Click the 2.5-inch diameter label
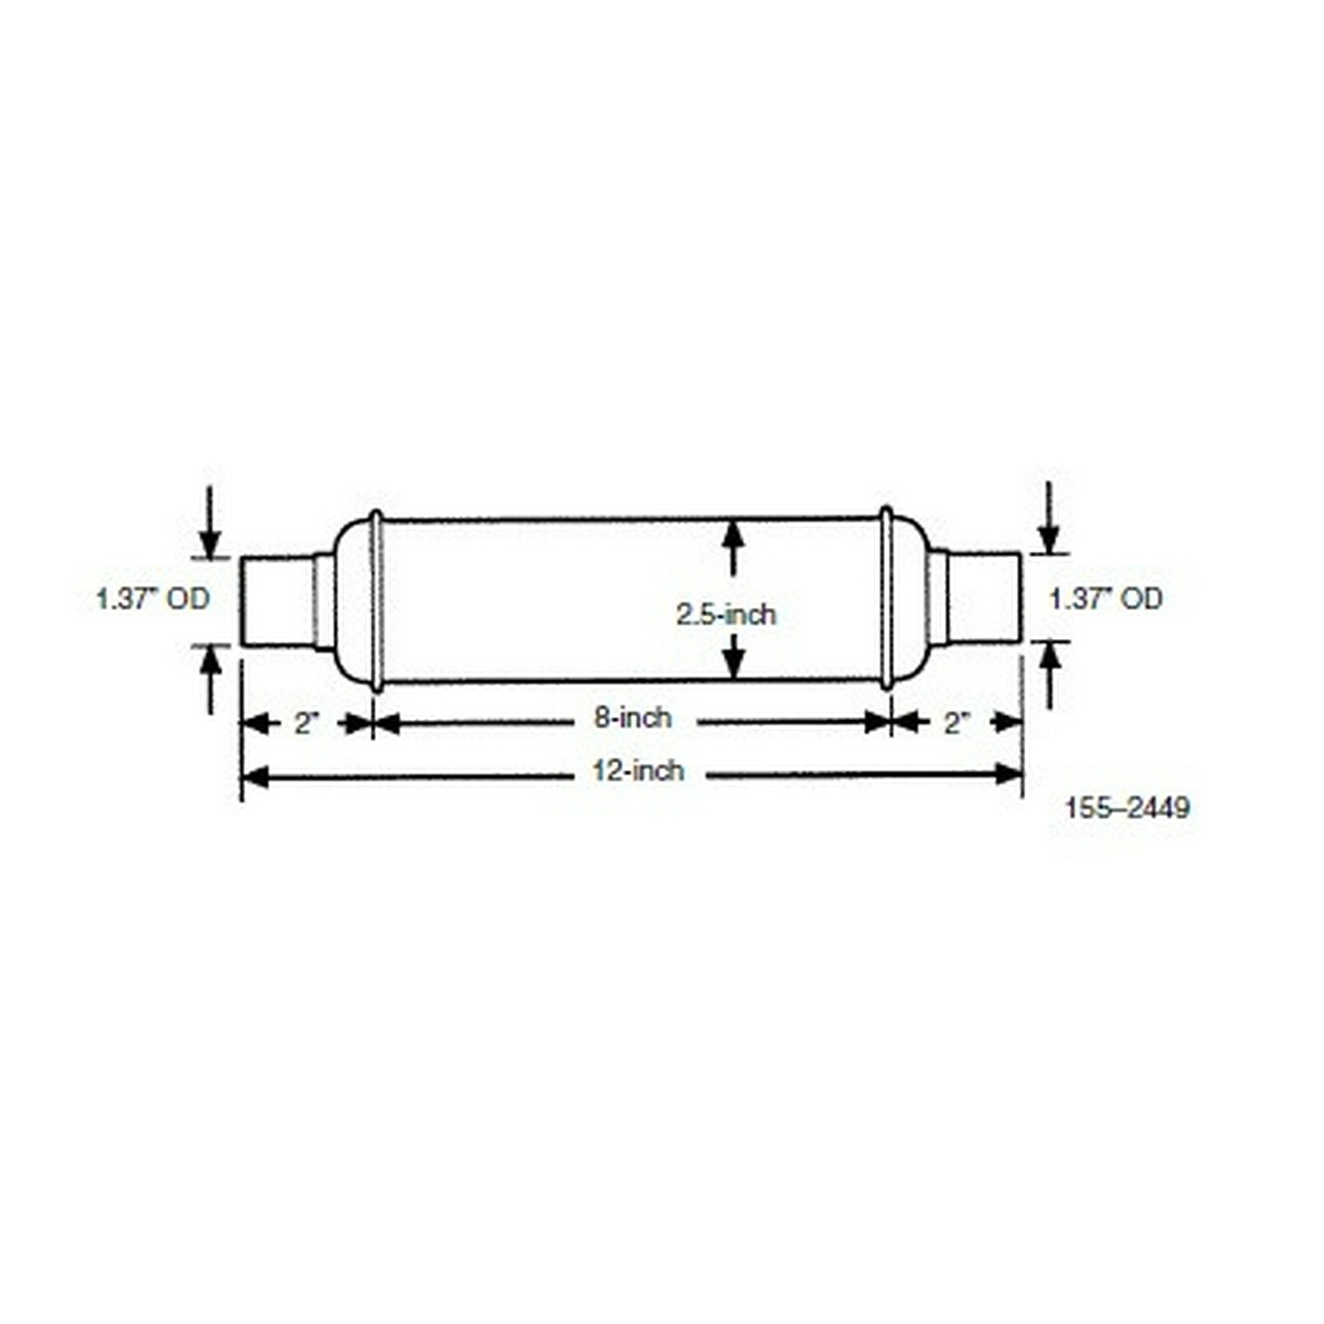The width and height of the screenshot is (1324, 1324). [726, 615]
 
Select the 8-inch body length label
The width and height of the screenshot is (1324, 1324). [632, 718]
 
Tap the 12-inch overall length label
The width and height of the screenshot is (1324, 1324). [638, 771]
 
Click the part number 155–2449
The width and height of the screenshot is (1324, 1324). [1127, 809]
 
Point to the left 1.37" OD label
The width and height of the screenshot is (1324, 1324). [152, 599]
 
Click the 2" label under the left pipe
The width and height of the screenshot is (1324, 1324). [307, 724]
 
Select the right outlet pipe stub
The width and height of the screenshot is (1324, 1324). [985, 598]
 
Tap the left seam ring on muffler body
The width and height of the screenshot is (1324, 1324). [375, 600]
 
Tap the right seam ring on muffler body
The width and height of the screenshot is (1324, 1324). [886, 598]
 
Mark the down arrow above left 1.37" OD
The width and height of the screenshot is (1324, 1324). [211, 545]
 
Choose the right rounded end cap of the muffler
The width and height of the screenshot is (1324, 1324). [908, 598]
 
